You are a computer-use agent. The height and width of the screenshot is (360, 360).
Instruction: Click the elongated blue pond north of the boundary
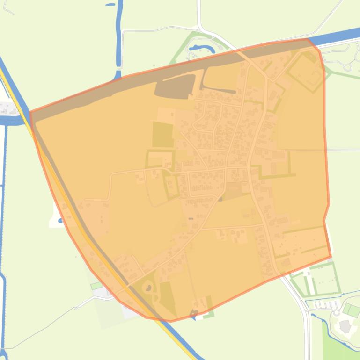201,48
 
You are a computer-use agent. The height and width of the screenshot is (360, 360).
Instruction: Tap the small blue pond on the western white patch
59,220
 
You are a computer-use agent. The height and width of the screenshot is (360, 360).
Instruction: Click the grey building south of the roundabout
345,326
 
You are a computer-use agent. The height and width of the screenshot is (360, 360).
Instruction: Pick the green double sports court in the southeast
351,310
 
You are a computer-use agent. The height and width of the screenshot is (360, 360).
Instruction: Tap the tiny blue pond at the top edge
110,4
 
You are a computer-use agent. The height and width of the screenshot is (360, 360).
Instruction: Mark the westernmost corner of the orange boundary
30,112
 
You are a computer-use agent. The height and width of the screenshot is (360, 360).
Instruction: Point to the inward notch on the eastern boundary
324,220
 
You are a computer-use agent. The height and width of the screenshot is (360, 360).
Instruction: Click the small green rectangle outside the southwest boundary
96,285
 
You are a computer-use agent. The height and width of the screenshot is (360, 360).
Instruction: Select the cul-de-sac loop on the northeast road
347,67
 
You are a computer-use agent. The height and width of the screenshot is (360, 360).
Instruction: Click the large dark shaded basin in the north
175,87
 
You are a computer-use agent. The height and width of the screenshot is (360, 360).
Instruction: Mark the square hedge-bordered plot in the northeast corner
305,72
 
